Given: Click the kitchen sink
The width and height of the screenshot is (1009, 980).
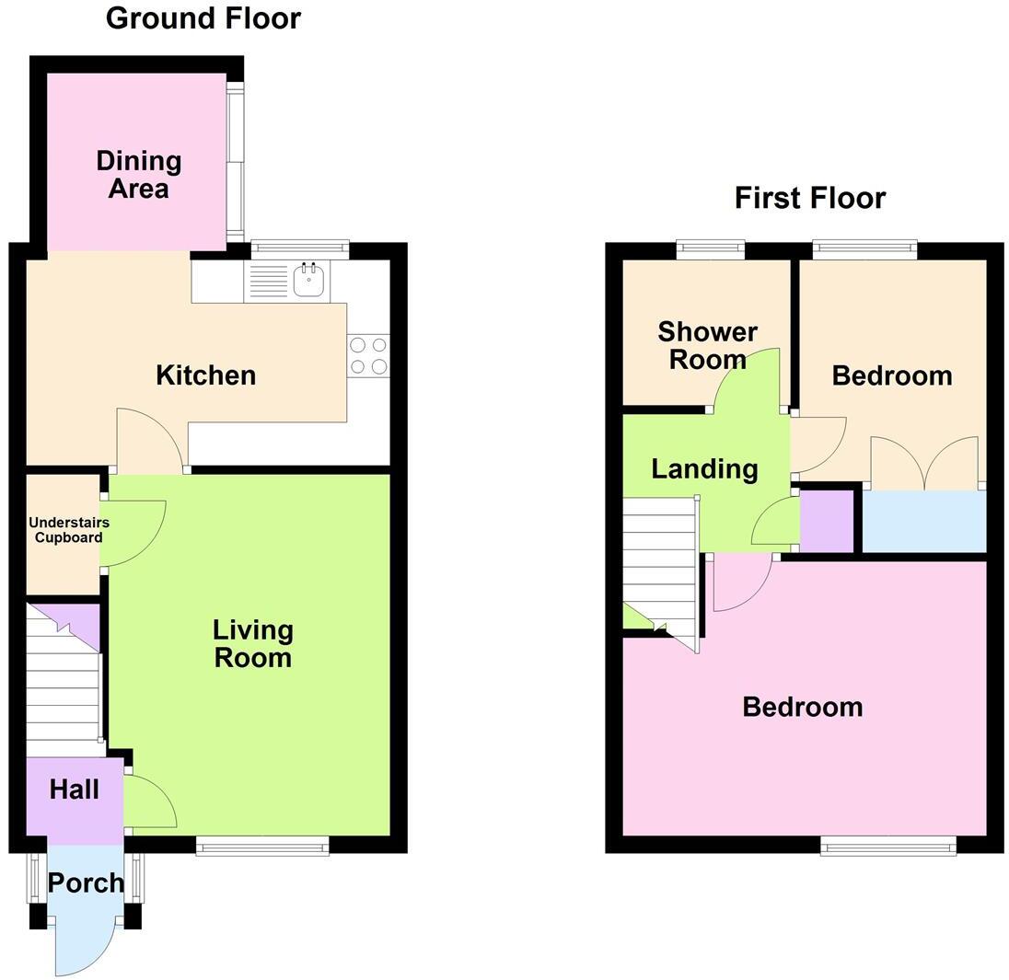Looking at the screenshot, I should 310,280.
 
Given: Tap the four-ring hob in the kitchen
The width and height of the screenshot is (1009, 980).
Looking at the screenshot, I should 368,356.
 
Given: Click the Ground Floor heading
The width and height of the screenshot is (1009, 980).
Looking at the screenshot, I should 203,17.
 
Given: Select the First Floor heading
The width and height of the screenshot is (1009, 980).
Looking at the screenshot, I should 809,198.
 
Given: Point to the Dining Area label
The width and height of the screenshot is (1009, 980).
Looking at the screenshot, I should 139,175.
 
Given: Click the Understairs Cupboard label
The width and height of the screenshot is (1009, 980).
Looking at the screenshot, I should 68,530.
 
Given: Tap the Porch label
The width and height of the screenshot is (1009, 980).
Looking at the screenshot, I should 85,883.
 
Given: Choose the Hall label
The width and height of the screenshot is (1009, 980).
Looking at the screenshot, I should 74,790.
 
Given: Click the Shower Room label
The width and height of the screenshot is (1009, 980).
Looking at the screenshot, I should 707,345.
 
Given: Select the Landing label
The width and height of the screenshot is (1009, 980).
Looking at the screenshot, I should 704,469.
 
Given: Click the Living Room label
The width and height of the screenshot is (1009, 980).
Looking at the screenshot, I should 252,644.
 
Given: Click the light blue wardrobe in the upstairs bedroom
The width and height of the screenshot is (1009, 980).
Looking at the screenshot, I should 923,522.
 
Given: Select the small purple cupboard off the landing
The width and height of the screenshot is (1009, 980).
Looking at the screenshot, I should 826,522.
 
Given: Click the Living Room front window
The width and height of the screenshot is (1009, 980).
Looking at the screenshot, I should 262,846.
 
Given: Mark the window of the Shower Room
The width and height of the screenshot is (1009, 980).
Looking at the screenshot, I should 710,248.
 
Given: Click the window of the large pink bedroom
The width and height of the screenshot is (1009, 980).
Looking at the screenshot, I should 887,846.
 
